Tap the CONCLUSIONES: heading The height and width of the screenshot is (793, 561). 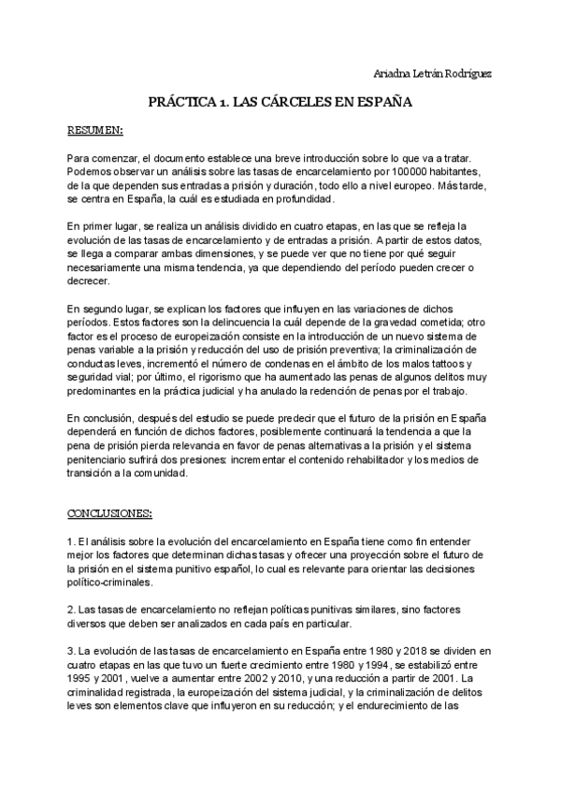click(x=110, y=515)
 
